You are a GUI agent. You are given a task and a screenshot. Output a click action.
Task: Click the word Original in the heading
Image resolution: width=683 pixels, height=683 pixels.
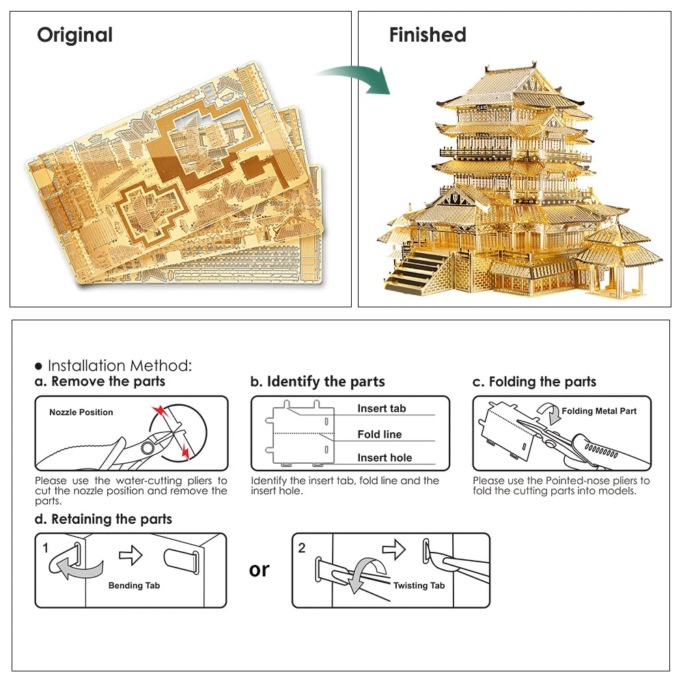point(74,35)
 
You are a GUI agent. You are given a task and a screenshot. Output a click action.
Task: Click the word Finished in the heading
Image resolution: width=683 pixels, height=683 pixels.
point(428,35)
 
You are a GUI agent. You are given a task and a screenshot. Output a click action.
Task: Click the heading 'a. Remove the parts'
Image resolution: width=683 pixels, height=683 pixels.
point(100,382)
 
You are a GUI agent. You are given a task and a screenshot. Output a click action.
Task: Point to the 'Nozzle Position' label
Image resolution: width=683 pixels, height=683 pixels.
point(81,413)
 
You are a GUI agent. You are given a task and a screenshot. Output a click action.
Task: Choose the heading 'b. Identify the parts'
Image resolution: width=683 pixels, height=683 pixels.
point(318,382)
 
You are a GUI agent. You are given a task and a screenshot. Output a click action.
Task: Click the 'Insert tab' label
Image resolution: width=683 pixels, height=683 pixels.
point(381,408)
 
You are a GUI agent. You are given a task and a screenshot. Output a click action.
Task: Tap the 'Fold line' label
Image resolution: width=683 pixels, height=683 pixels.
point(379,434)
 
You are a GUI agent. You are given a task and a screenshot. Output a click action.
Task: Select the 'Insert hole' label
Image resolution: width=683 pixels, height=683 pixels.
point(385,458)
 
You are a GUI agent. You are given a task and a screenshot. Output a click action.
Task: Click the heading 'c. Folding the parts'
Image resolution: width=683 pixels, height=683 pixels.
point(534,382)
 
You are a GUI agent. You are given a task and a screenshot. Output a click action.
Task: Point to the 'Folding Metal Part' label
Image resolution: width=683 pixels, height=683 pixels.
point(599,411)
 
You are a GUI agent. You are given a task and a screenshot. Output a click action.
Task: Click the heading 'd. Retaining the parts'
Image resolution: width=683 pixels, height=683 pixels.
point(103,519)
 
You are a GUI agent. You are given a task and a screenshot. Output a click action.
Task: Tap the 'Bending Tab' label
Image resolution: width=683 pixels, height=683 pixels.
point(134,585)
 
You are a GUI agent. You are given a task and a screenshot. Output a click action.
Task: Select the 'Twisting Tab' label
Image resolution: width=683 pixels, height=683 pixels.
point(419,585)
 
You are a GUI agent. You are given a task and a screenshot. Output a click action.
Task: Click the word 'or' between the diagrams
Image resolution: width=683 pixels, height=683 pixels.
point(260,570)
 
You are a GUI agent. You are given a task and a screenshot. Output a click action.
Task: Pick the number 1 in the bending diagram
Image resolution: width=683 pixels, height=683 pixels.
point(45,547)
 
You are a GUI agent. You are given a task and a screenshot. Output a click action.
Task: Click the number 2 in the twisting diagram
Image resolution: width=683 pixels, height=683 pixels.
point(302,547)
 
